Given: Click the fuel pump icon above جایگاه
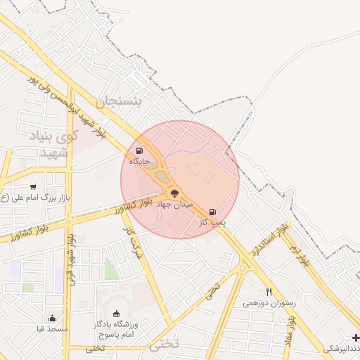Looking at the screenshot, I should [139, 151].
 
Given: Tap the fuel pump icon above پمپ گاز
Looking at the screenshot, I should [212, 212].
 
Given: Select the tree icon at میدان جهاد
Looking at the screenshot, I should [174, 193].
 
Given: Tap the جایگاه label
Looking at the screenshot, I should [139, 162].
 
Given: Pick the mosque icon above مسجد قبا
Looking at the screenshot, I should [53, 319].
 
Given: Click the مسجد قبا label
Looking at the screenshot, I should [53, 329].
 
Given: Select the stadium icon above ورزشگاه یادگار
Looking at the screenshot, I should [116, 314].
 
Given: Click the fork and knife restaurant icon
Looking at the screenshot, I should [269, 292].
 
